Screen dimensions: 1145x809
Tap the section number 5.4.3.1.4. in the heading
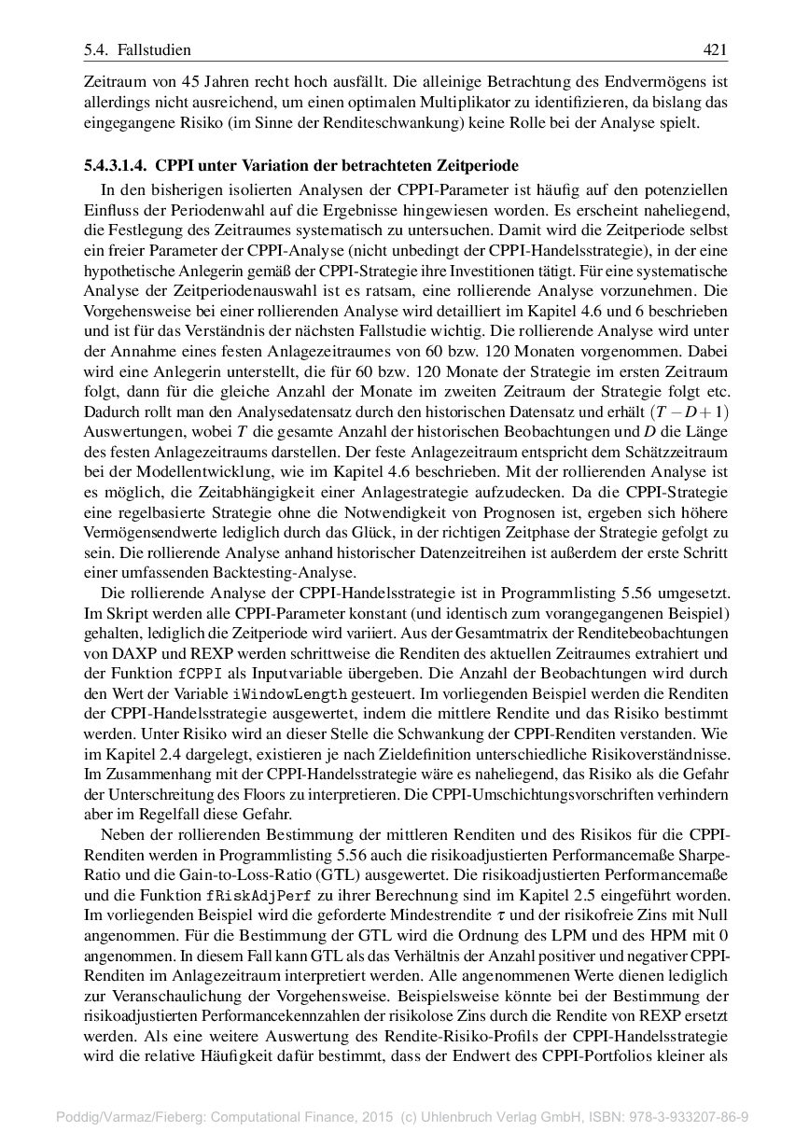(x=116, y=166)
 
